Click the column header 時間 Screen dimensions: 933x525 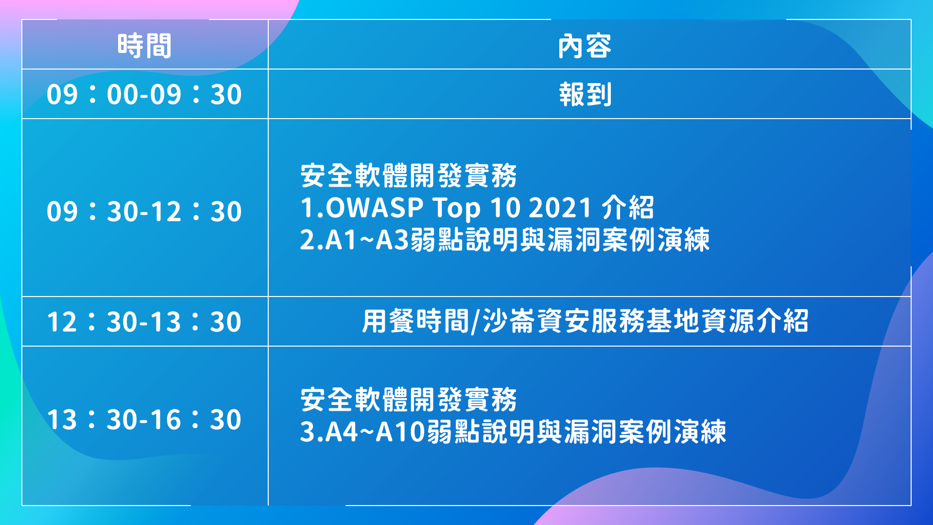click(144, 46)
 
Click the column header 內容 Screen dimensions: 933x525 click(585, 46)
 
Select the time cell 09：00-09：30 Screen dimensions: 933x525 click(144, 94)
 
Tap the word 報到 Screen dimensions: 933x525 click(585, 94)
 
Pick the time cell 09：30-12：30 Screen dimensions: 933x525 click(144, 211)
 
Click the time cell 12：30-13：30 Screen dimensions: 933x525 click(144, 321)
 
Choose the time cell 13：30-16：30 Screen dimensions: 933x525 click(144, 419)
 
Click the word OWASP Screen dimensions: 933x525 click(375, 208)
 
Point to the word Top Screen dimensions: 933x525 click(457, 209)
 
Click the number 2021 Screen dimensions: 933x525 click(560, 208)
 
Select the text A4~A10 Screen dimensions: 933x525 click(375, 431)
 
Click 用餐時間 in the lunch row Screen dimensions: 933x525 click(415, 321)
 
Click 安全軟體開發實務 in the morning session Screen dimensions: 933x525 click(409, 175)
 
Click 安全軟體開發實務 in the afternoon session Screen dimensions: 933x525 click(409, 399)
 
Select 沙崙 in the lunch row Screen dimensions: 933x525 click(509, 321)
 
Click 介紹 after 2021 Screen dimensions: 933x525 click(628, 208)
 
